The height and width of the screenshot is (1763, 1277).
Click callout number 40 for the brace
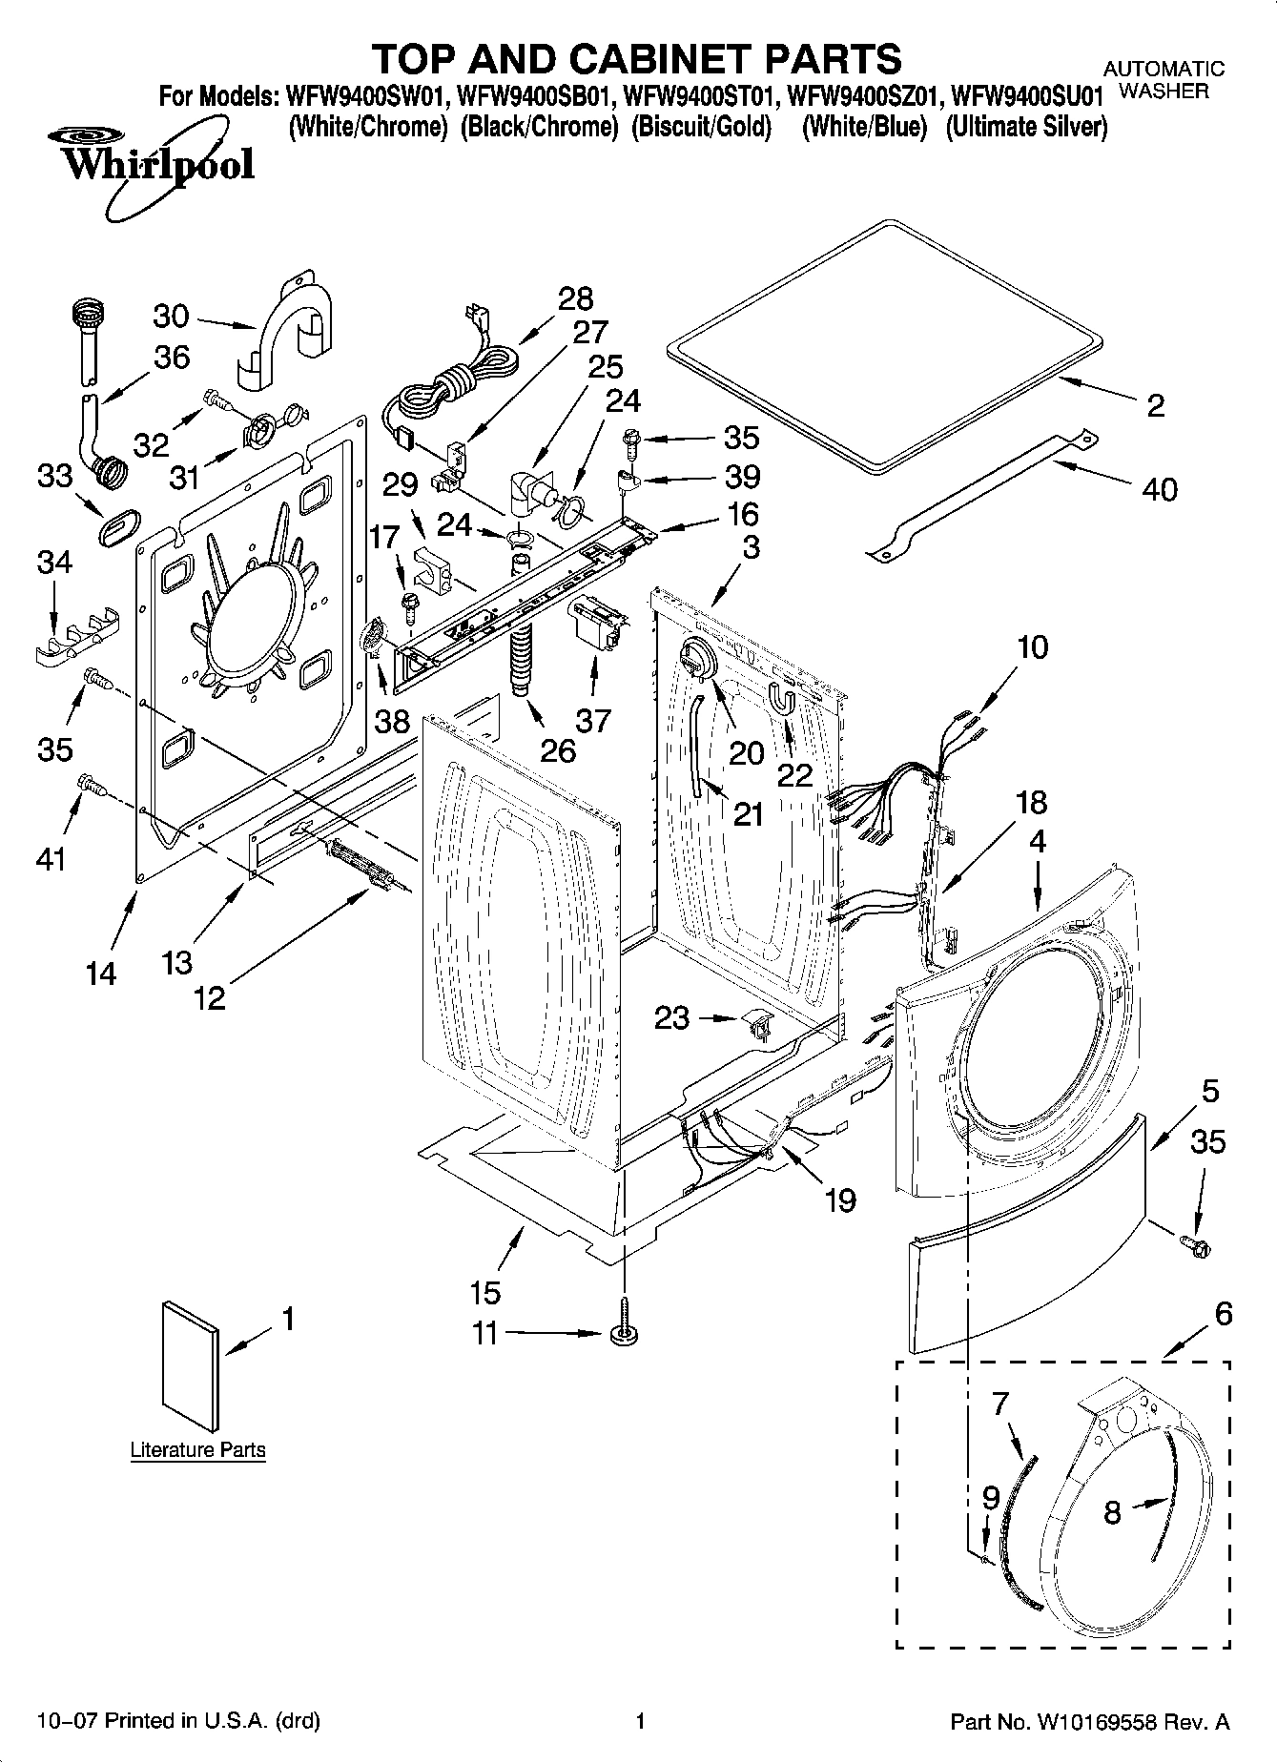point(1159,490)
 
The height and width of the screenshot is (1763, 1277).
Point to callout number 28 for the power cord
point(575,299)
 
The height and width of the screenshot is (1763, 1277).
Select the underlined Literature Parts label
point(197,1450)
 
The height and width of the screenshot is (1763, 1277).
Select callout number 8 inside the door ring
point(1112,1512)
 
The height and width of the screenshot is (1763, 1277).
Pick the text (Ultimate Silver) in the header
point(1026,127)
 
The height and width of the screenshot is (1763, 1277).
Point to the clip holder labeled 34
point(74,634)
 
